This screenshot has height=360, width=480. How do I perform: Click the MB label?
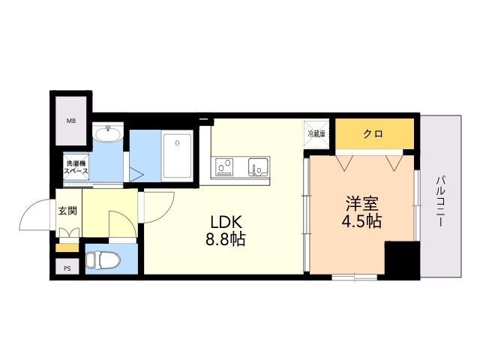71,121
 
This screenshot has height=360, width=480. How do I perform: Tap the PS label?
67,268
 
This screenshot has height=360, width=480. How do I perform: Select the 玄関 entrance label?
67,211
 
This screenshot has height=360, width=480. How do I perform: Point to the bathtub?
177,155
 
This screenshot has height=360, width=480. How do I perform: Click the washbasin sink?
108,133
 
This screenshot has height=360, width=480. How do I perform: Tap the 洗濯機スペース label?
76,167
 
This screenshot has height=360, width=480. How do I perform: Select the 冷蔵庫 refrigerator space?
316,133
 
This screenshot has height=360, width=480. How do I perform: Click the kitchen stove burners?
224,166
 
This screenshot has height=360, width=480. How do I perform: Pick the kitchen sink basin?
259,166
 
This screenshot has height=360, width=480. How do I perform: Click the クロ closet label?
373,133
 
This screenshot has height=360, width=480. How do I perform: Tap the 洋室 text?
362,203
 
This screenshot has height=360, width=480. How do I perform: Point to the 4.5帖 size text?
361,221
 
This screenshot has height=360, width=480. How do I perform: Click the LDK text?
226,222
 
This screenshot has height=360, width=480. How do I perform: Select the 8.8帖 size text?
226,239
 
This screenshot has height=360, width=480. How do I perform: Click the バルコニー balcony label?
440,201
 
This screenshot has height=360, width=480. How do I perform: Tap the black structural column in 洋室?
402,259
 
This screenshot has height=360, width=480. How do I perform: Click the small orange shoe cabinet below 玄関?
67,247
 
